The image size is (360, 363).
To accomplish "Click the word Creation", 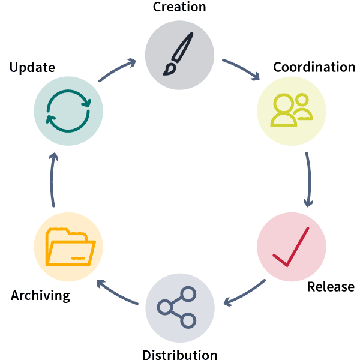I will (x=179, y=7).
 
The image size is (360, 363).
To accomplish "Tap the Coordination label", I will (x=314, y=67).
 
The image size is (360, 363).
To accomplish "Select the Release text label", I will (x=331, y=287).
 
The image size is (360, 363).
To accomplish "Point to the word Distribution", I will (x=180, y=355).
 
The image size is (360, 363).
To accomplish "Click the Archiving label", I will (x=40, y=296).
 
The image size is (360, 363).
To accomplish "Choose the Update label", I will (x=32, y=67).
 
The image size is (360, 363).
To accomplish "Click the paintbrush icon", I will (x=179, y=54).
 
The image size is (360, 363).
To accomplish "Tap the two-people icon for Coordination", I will (x=292, y=110).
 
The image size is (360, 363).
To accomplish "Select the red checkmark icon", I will (x=292, y=247).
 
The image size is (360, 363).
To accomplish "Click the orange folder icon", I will (x=70, y=247).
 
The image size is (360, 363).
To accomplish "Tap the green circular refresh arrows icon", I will (x=68, y=110).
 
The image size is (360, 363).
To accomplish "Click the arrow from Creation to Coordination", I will (x=241, y=69).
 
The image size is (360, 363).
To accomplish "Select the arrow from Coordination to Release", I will (x=309, y=179).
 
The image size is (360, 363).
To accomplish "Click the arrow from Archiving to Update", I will (x=52, y=179).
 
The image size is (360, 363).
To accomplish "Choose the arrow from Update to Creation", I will (x=117, y=69).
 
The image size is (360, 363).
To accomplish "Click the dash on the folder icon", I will (x=77, y=257).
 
